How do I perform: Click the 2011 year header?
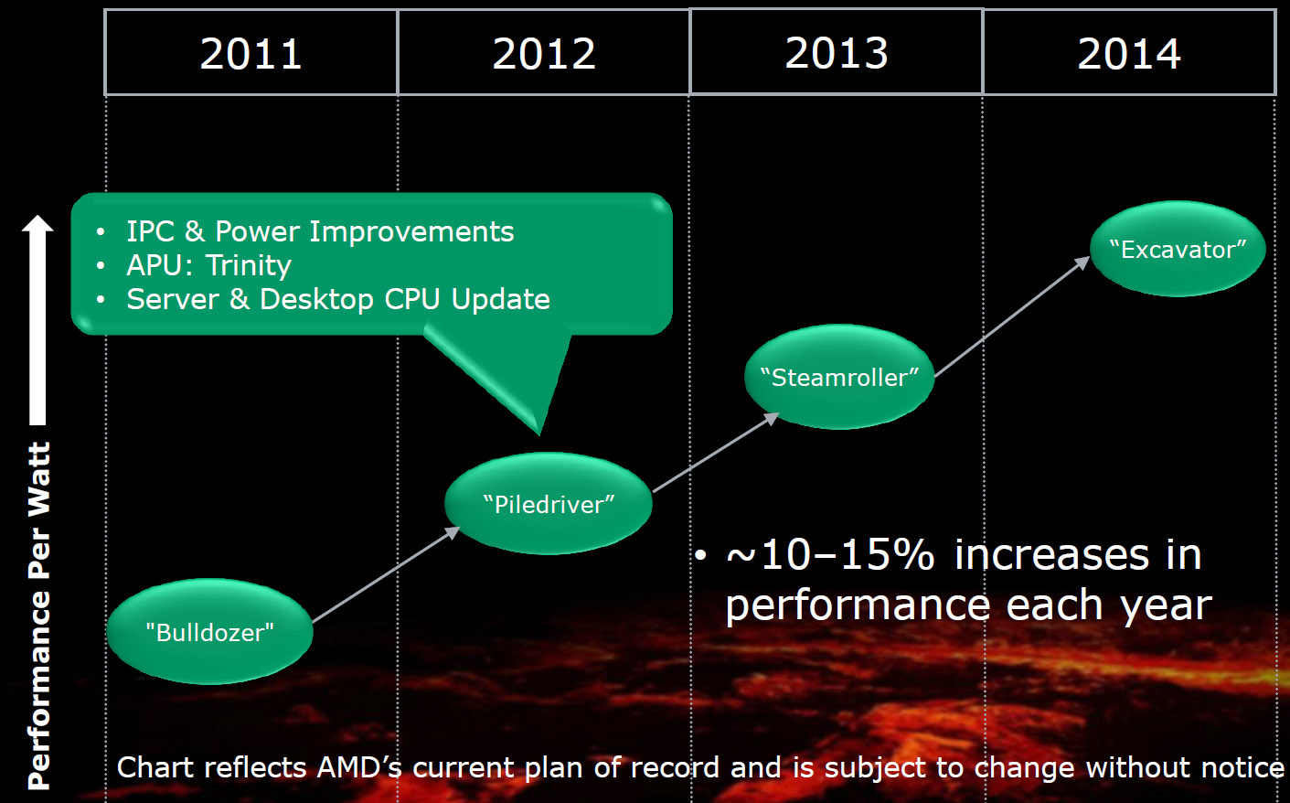click(251, 53)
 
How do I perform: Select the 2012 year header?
click(544, 53)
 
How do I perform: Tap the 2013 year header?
click(837, 52)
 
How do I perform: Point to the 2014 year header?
click(1129, 53)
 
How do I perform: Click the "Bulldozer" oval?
click(210, 632)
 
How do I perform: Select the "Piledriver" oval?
click(549, 504)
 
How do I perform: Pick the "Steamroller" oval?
click(839, 377)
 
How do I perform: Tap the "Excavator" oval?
click(1178, 249)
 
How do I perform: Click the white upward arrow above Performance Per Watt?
click(37, 320)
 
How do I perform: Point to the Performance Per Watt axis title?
click(38, 616)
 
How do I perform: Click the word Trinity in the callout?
click(248, 265)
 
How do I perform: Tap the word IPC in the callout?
click(149, 232)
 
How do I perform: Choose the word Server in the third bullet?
click(173, 299)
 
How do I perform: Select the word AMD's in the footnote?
click(358, 767)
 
